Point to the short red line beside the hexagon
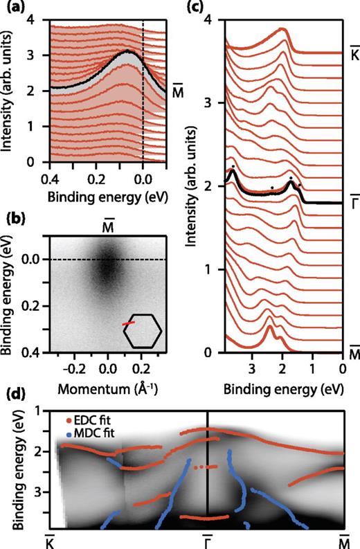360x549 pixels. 128,323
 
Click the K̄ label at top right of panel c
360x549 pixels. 354,51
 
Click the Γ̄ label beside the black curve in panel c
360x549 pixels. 354,198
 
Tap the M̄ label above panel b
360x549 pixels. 107,222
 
